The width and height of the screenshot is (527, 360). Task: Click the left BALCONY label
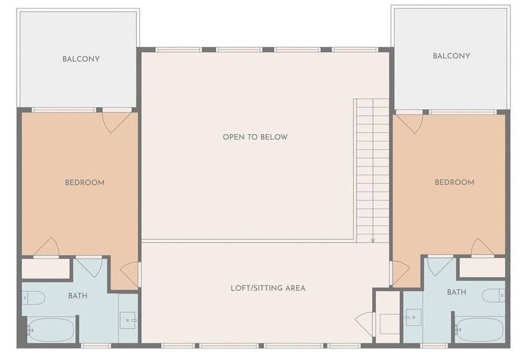[x=81, y=59]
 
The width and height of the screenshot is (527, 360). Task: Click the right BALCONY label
[x=451, y=56]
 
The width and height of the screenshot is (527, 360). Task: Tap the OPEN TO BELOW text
[x=255, y=137]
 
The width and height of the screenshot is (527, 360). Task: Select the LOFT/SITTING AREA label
[x=268, y=287]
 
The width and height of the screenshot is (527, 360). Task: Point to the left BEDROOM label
[x=84, y=183]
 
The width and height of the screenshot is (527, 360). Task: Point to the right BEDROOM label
[x=454, y=183]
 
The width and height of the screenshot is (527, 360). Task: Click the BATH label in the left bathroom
[x=77, y=296]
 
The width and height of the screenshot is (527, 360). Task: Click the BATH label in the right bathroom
[x=456, y=292]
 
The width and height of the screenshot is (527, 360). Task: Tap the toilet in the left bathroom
[x=33, y=297]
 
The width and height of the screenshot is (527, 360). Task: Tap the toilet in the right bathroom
[x=494, y=296]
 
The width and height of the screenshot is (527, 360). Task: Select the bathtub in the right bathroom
[x=479, y=330]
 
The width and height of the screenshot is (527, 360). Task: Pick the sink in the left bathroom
[x=131, y=319]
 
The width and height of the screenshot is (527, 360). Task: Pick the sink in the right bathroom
[x=411, y=317]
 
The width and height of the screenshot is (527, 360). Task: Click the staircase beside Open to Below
[x=372, y=167]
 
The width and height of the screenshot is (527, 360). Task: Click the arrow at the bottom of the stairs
[x=372, y=240]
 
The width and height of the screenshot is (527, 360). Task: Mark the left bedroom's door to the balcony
[x=118, y=122]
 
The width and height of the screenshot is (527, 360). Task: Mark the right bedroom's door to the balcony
[x=409, y=122]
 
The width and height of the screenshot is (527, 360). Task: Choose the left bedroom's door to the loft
[x=130, y=274]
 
